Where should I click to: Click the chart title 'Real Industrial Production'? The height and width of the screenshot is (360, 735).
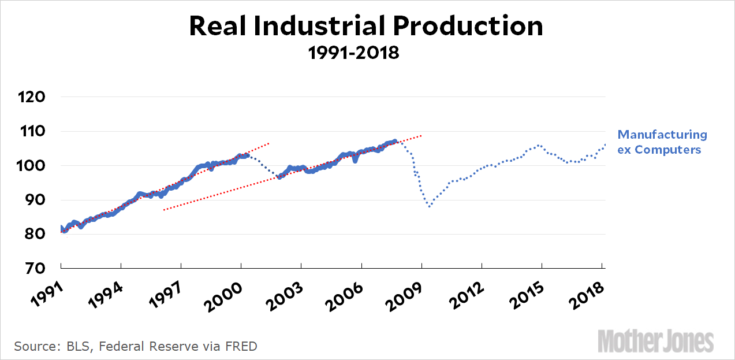366,27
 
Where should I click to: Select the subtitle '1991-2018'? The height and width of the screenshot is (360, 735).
353,53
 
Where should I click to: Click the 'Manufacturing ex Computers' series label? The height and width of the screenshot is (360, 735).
662,142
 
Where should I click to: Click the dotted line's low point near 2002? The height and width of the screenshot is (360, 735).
279,177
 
